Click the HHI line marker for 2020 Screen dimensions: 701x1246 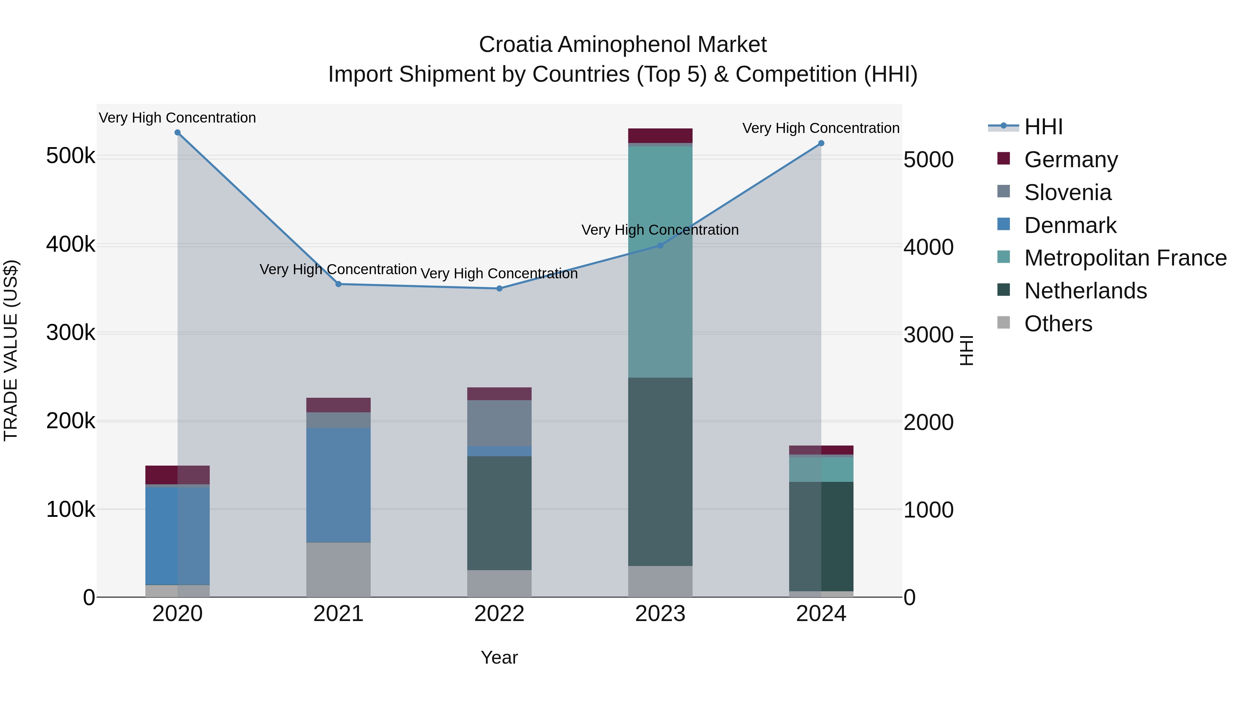point(178,133)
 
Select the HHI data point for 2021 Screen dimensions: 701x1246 point(338,284)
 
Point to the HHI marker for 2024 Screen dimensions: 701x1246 point(821,143)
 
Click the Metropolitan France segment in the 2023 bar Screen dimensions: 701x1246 point(660,261)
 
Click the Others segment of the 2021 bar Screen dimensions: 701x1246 point(338,569)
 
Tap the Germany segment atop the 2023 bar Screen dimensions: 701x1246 point(660,135)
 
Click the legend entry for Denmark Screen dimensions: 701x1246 point(1070,225)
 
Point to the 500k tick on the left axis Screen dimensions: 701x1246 point(71,156)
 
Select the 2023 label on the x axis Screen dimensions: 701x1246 point(660,614)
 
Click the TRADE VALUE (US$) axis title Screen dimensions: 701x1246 point(11,350)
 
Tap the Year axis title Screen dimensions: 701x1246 point(499,657)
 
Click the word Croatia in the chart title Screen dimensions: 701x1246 point(515,45)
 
